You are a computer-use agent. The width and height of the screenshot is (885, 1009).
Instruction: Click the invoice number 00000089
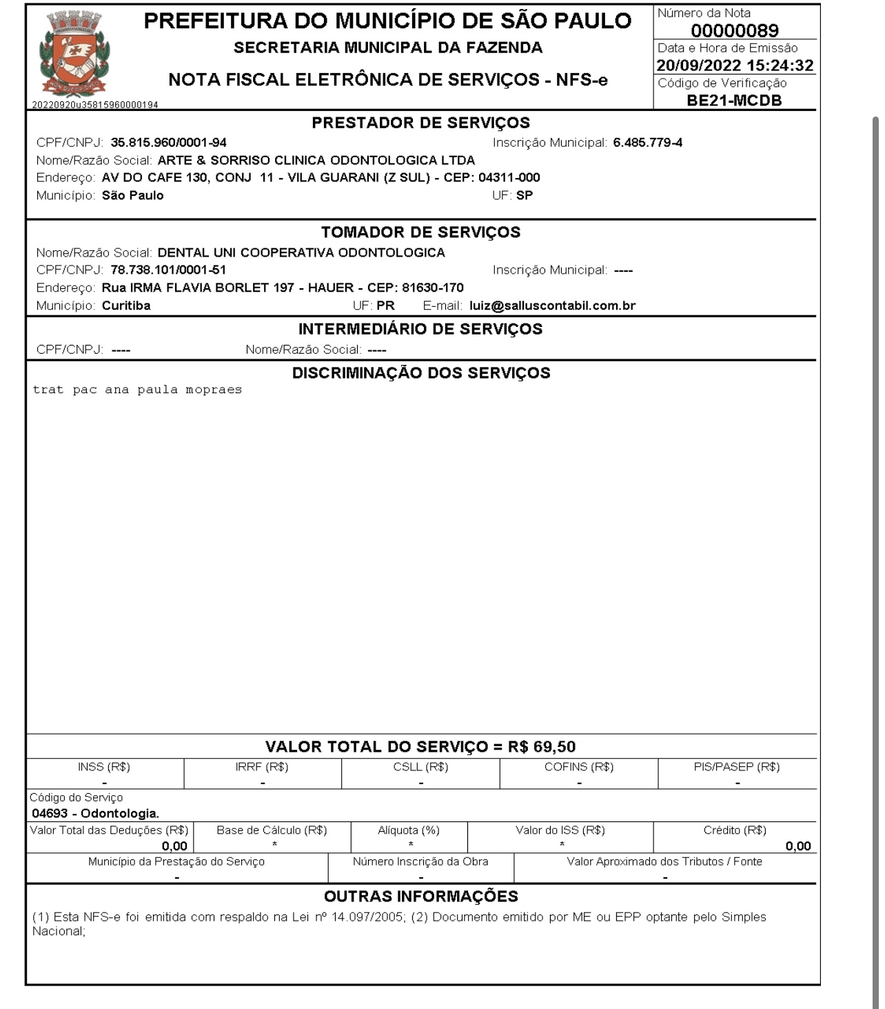(735, 31)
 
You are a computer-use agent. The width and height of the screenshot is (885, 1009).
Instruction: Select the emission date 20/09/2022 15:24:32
(735, 66)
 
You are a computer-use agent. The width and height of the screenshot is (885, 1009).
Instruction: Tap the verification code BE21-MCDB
(735, 100)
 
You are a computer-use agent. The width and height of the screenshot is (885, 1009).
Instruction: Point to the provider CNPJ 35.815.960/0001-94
(168, 143)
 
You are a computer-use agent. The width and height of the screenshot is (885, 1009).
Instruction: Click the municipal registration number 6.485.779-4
(647, 143)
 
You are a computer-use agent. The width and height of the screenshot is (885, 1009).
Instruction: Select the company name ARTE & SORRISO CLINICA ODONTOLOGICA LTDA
(316, 160)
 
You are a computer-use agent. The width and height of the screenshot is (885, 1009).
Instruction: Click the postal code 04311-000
(509, 177)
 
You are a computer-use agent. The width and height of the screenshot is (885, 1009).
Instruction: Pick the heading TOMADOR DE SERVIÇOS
(420, 232)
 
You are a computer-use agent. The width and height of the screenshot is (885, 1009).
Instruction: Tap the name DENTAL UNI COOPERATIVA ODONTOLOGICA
(301, 252)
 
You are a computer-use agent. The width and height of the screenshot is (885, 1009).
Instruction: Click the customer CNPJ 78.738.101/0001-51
(168, 270)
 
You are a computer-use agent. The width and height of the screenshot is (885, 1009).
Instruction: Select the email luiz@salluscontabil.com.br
(552, 306)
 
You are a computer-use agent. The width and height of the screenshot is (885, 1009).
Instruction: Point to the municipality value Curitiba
(126, 306)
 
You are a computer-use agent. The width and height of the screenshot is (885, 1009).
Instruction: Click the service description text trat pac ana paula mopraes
(137, 390)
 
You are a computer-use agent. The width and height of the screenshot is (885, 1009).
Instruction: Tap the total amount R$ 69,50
(542, 746)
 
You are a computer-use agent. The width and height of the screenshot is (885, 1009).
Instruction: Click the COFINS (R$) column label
(579, 767)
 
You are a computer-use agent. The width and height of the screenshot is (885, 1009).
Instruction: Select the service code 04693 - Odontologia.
(95, 813)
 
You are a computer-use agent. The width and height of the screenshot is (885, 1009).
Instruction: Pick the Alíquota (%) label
(409, 830)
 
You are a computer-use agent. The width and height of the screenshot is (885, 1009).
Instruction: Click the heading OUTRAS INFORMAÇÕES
(420, 896)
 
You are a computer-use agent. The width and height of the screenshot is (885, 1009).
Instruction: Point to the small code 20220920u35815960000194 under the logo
(95, 105)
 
